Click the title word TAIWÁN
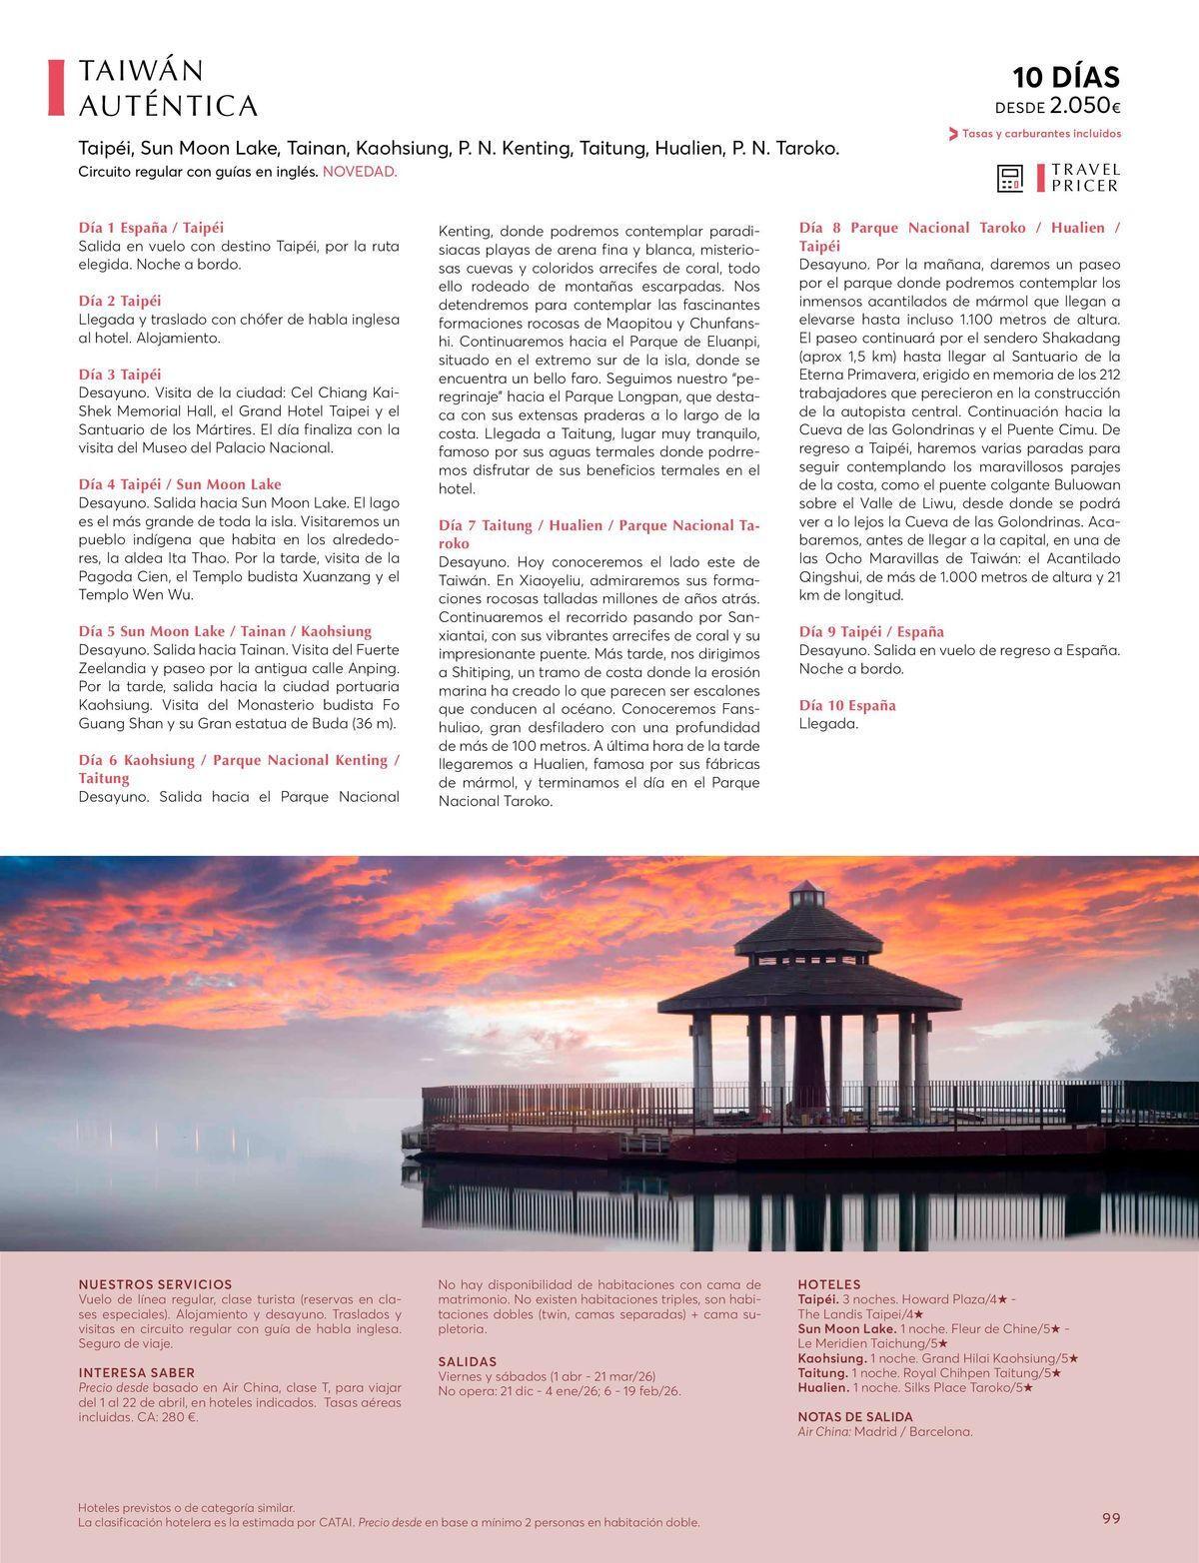tap(141, 71)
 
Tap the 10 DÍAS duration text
tap(1066, 77)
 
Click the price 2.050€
tap(1084, 106)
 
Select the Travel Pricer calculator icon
tap(1010, 178)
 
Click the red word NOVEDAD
tap(360, 172)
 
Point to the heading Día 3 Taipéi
tap(120, 375)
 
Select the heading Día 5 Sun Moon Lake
tap(225, 631)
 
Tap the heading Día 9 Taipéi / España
tap(871, 631)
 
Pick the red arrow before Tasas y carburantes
tap(953, 134)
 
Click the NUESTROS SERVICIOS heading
tap(155, 1284)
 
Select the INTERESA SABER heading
tap(137, 1373)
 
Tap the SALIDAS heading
tap(467, 1361)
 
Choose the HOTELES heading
tap(828, 1284)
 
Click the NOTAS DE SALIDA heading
tap(855, 1416)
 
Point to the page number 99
tap(1111, 1518)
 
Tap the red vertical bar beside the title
tap(57, 88)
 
